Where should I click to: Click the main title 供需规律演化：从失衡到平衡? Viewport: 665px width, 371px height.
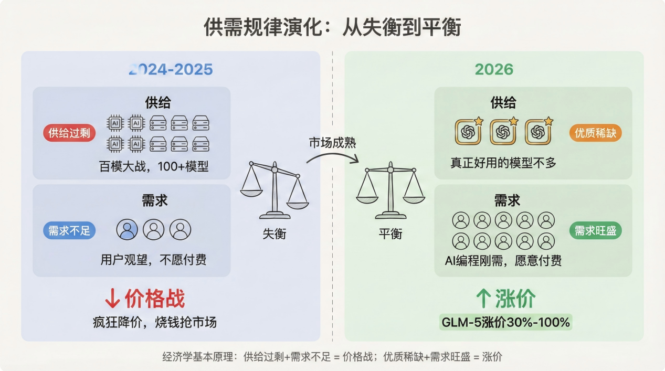(x=332, y=27)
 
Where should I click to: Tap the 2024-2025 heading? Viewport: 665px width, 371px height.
(x=171, y=69)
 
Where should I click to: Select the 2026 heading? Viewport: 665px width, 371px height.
(x=494, y=69)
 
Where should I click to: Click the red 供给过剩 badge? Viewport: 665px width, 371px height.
(x=69, y=133)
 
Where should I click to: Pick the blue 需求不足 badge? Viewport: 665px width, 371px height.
(x=69, y=230)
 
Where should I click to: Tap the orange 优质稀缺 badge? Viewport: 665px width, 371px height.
(x=595, y=133)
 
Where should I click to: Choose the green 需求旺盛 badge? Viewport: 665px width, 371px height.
(x=595, y=230)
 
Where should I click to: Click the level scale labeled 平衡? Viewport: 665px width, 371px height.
(x=390, y=192)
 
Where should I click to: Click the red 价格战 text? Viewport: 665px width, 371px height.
(x=154, y=299)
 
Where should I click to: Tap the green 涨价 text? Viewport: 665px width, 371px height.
(x=515, y=299)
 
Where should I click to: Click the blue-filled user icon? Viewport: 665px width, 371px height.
(x=127, y=229)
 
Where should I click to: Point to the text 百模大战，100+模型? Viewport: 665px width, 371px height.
(x=154, y=167)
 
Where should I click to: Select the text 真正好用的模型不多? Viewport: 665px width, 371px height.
(x=503, y=163)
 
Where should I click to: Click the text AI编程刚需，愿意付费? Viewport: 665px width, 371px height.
(x=503, y=260)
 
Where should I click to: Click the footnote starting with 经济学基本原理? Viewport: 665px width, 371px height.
(x=332, y=357)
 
